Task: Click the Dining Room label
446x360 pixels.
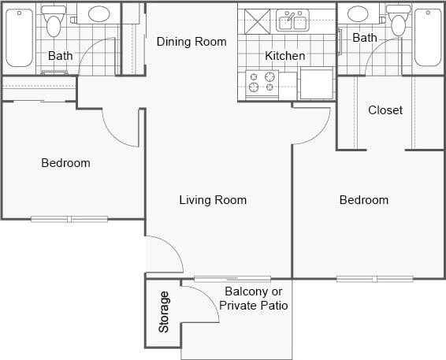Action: (191, 42)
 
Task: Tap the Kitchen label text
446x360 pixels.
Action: (284, 56)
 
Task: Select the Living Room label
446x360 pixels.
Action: (213, 200)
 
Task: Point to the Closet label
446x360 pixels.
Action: (385, 110)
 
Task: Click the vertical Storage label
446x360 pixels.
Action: (164, 312)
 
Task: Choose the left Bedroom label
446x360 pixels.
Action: (65, 163)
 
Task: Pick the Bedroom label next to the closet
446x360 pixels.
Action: (363, 200)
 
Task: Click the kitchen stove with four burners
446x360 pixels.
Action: (263, 82)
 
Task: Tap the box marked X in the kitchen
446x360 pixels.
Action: (256, 20)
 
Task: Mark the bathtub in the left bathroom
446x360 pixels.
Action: (20, 37)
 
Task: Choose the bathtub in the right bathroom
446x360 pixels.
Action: (428, 37)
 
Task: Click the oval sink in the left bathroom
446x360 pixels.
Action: (98, 14)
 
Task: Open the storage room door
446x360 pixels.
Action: (201, 303)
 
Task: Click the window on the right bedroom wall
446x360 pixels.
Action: (374, 278)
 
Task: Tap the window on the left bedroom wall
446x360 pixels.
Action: (69, 218)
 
